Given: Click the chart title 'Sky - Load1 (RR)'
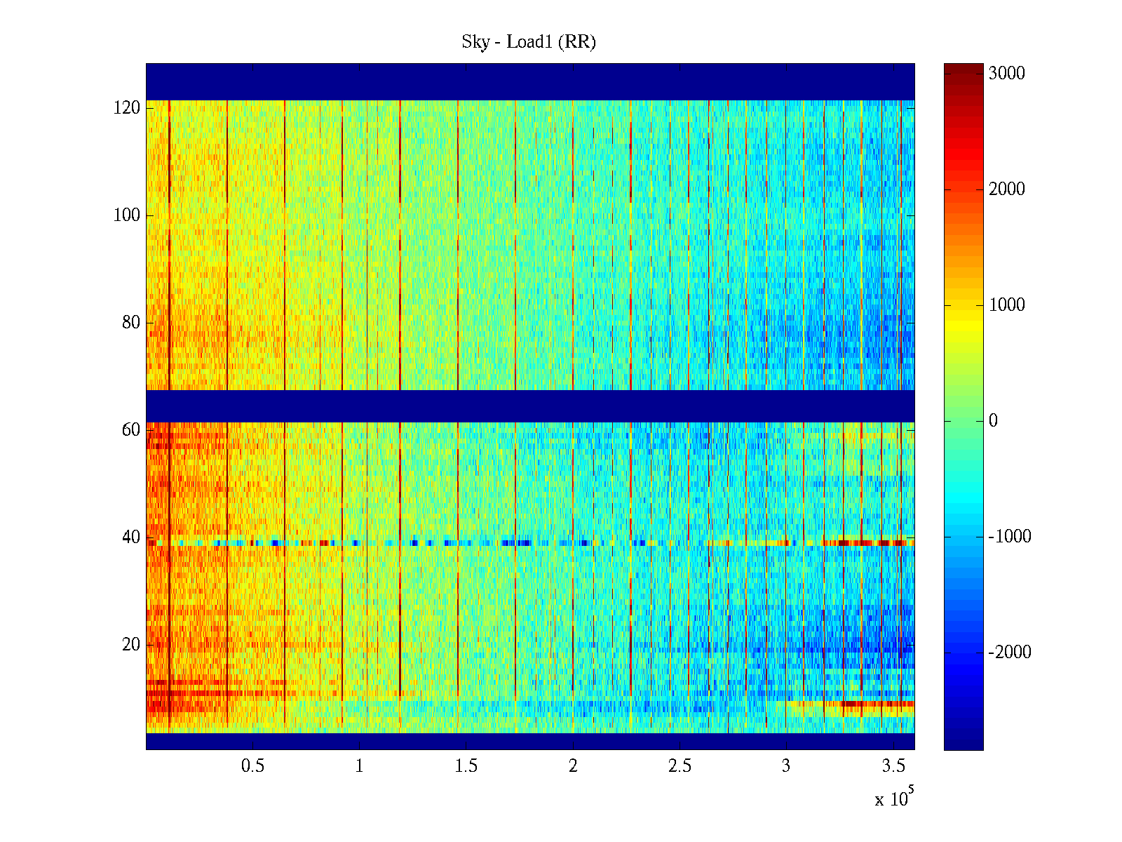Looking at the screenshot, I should (x=529, y=42).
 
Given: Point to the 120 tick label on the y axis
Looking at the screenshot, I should (x=127, y=108).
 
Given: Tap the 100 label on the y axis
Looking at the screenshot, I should (x=127, y=215).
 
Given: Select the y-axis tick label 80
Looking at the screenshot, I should (x=131, y=323).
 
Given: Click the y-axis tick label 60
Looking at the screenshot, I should (x=131, y=430).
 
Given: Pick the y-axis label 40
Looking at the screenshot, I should (x=131, y=537).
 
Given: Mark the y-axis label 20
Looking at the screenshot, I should (x=131, y=645).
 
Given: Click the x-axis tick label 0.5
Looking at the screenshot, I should (x=252, y=766).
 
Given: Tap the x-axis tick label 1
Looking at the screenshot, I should (x=359, y=766).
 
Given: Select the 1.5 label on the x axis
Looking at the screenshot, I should (x=466, y=766).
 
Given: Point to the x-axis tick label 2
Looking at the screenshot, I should (x=573, y=766).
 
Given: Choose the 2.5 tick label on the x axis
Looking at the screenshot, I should (x=680, y=766).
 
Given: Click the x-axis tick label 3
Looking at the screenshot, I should (x=786, y=766).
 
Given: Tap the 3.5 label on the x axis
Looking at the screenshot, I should (x=893, y=766).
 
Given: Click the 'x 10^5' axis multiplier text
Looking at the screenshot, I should (x=894, y=798).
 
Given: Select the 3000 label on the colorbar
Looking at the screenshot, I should (x=1006, y=74).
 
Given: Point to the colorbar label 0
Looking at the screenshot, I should (x=993, y=421).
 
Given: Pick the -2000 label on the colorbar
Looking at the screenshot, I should (x=1010, y=653).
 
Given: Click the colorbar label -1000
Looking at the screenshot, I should (x=1010, y=537).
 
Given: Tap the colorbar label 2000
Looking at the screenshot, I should (x=1006, y=189).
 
